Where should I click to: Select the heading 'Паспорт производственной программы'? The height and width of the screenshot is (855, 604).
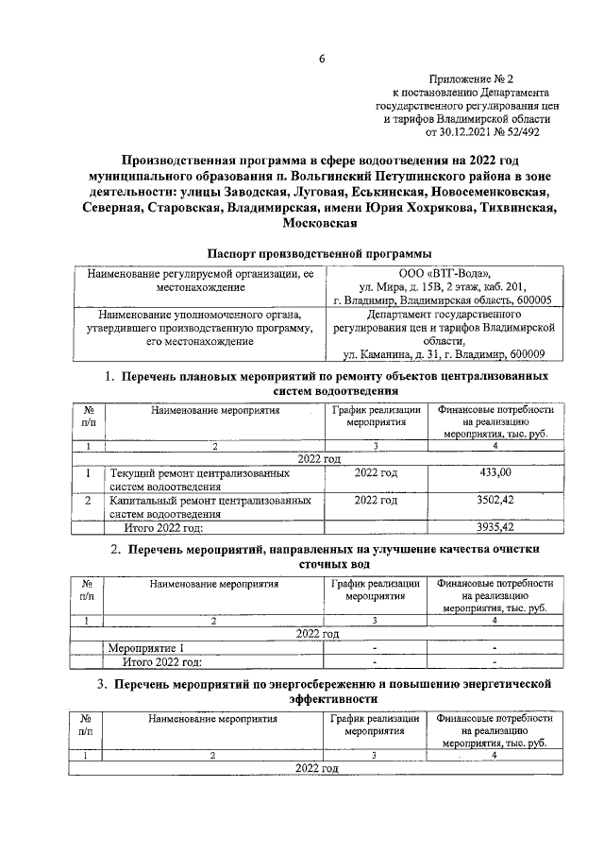319,253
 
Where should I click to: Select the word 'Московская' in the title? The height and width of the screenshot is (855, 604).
320,224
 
